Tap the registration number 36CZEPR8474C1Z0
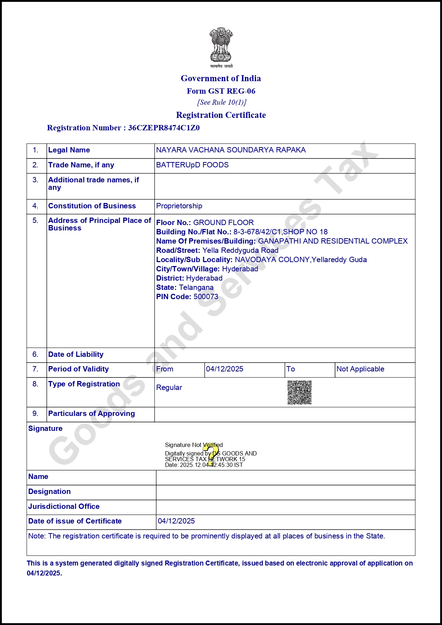point(164,128)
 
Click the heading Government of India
point(221,78)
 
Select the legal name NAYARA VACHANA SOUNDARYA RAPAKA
point(231,150)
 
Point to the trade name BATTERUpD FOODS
point(192,165)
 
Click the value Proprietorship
point(179,206)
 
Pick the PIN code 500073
point(206,297)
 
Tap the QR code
point(299,392)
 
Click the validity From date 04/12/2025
point(225,369)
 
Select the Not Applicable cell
point(360,369)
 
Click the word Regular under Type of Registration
point(169,387)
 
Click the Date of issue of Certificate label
point(75,521)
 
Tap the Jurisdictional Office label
point(64,506)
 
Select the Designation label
point(49,491)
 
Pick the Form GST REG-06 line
point(221,91)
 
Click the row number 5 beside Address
point(35,220)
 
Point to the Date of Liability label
point(76,354)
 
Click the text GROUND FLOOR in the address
point(223,223)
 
